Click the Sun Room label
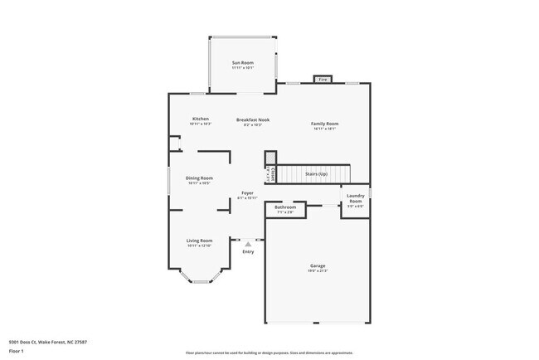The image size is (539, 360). click(x=243, y=63)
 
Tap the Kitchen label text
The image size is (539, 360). click(x=200, y=119)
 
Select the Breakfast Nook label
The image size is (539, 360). click(x=252, y=119)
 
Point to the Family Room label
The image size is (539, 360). click(x=324, y=124)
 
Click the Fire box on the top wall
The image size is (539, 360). click(x=323, y=80)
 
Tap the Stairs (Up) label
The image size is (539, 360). click(x=317, y=174)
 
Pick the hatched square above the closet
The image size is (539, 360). click(x=269, y=157)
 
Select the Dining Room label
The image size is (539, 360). click(x=199, y=178)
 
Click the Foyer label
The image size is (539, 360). click(x=247, y=193)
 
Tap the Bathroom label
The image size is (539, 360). click(x=285, y=207)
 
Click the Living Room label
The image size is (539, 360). click(x=199, y=241)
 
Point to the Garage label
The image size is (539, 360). click(x=318, y=265)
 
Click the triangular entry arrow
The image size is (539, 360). click(x=247, y=244)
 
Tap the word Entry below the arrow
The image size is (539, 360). click(x=248, y=252)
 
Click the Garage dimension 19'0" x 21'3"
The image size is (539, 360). click(x=318, y=271)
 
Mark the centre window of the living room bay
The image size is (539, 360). click(x=200, y=282)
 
